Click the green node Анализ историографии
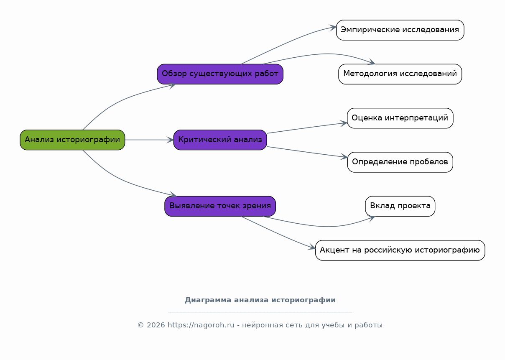click(72, 140)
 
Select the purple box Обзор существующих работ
click(220, 74)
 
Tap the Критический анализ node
click(220, 140)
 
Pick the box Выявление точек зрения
click(220, 206)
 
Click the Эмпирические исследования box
click(400, 30)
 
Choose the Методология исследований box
click(400, 74)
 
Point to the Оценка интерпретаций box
click(400, 118)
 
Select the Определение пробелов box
click(400, 162)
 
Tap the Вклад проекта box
click(400, 206)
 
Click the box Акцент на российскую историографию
click(400, 250)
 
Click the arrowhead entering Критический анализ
click(170, 140)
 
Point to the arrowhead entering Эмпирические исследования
click(333, 28)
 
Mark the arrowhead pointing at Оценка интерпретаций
click(344, 123)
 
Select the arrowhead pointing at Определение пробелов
click(344, 156)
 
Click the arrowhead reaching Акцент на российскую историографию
click(312, 247)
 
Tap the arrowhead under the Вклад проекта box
click(372, 218)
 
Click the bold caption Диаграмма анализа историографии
click(260, 300)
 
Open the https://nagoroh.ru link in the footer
click(201, 325)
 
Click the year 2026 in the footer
click(156, 325)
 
